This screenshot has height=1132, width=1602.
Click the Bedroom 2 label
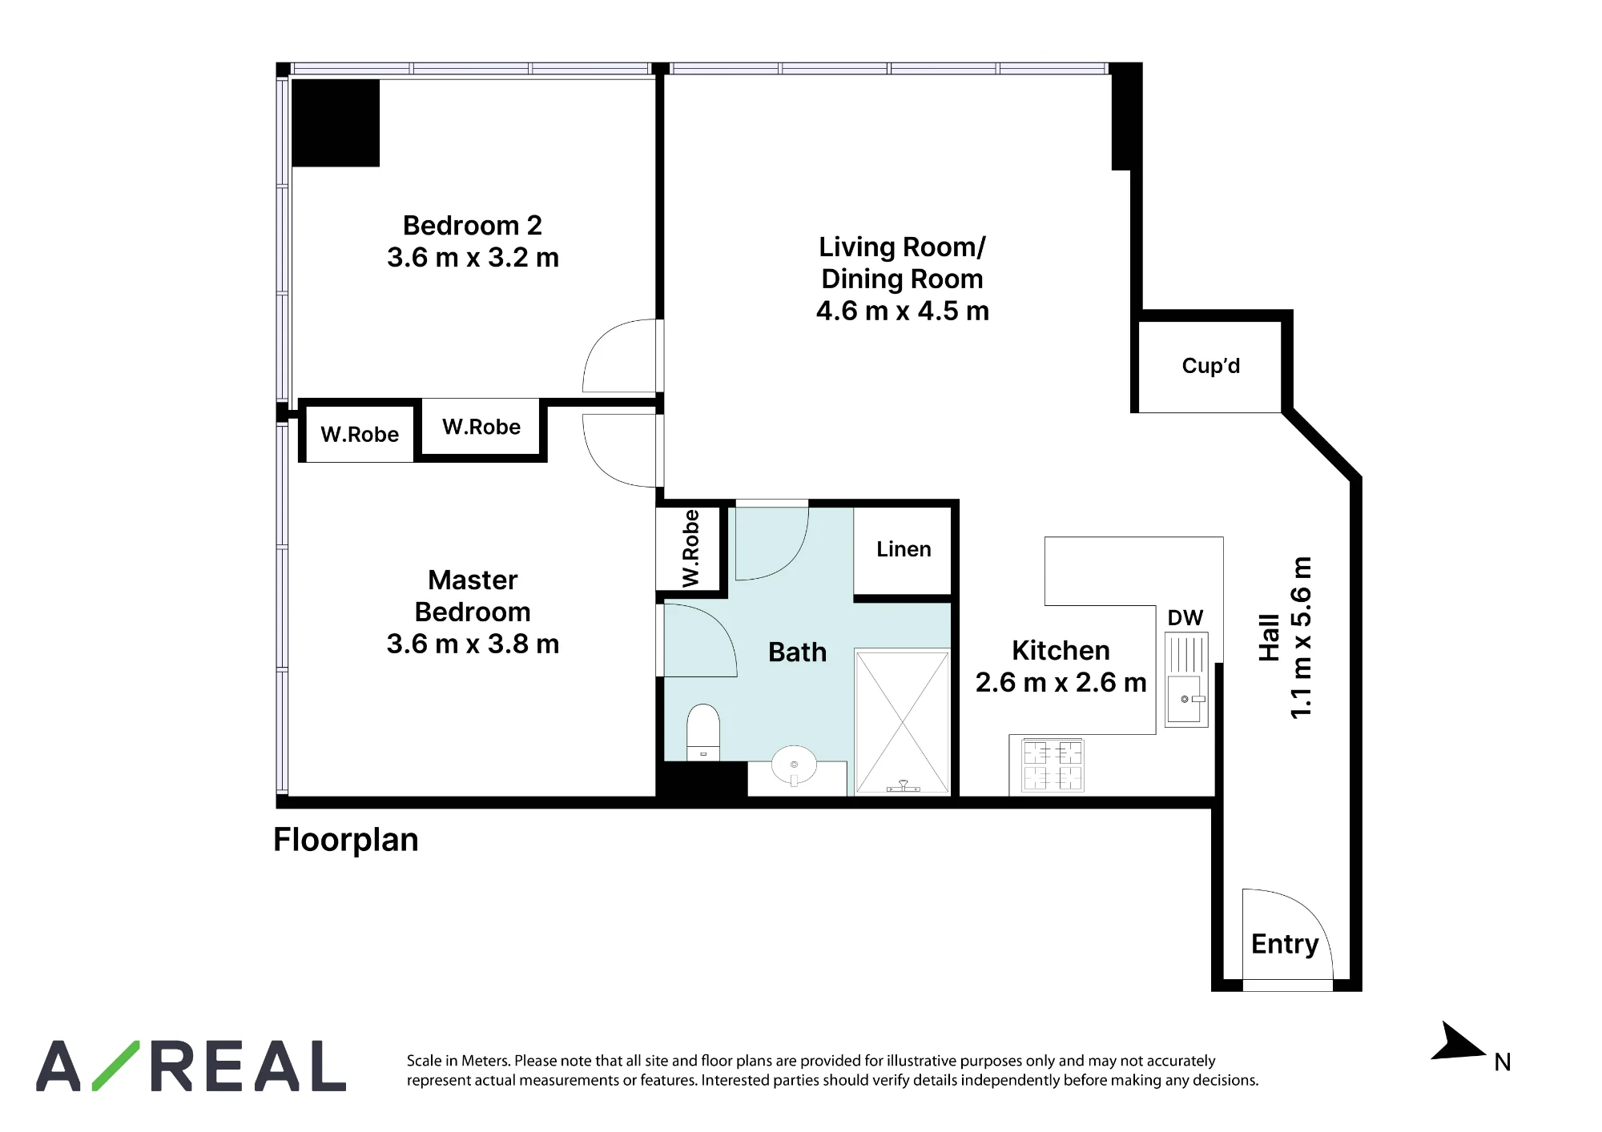click(x=473, y=226)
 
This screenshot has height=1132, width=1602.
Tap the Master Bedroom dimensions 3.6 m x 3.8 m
click(x=473, y=644)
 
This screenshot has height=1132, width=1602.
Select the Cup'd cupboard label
click(x=1210, y=366)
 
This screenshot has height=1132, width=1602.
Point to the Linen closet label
click(x=904, y=549)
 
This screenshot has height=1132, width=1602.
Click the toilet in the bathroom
click(x=703, y=732)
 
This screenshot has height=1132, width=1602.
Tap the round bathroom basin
click(x=794, y=766)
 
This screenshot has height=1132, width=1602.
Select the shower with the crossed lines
click(x=903, y=722)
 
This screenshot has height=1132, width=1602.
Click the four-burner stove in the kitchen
click(x=1053, y=765)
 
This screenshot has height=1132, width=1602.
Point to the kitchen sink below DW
click(x=1186, y=680)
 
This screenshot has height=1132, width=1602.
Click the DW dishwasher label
click(x=1185, y=618)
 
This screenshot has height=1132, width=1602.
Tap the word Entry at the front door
click(x=1285, y=945)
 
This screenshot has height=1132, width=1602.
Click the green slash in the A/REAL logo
click(x=116, y=1066)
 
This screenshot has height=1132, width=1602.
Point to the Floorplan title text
click(x=346, y=840)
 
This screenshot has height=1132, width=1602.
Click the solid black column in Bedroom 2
click(x=336, y=122)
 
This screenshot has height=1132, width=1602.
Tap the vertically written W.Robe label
click(x=690, y=548)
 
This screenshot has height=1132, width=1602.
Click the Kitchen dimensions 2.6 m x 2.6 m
click(x=1061, y=682)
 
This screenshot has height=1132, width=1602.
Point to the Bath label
click(x=797, y=652)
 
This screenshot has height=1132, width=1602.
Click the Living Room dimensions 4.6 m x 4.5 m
click(x=903, y=311)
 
